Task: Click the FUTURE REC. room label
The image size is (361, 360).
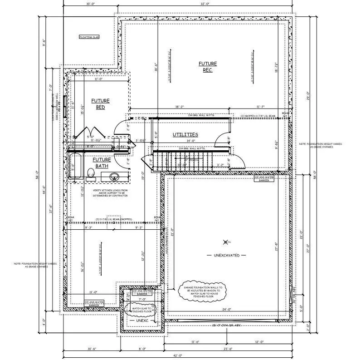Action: (208, 67)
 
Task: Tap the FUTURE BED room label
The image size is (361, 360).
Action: (100, 104)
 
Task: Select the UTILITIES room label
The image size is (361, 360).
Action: (185, 135)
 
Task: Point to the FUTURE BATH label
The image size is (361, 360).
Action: (102, 163)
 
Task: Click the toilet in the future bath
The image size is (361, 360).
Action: (90, 173)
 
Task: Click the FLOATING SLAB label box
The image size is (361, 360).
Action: (89, 37)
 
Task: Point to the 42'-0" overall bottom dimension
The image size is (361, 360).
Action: (180, 355)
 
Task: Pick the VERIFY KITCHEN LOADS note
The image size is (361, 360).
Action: (110, 193)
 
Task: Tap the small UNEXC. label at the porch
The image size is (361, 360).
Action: (142, 321)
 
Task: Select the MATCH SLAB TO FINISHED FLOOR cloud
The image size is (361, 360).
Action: (141, 310)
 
